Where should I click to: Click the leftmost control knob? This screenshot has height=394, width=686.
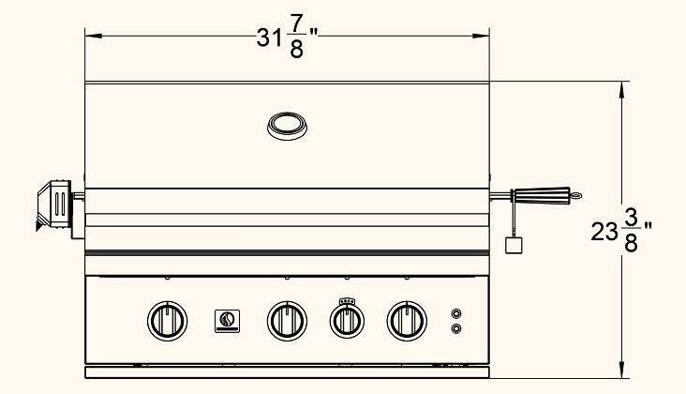click(x=168, y=321)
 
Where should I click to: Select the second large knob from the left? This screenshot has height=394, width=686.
click(x=287, y=321)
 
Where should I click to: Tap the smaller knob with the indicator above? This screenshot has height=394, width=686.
click(x=347, y=322)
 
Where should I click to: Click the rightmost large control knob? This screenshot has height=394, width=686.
click(x=407, y=321)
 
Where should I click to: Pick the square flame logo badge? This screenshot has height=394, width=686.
click(x=227, y=321)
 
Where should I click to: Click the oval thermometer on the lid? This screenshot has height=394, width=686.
click(x=287, y=126)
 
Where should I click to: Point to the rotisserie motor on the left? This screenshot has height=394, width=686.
click(x=54, y=205)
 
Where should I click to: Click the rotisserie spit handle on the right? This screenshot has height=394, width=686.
click(x=543, y=195)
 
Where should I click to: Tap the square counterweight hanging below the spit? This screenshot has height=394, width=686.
click(x=514, y=245)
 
